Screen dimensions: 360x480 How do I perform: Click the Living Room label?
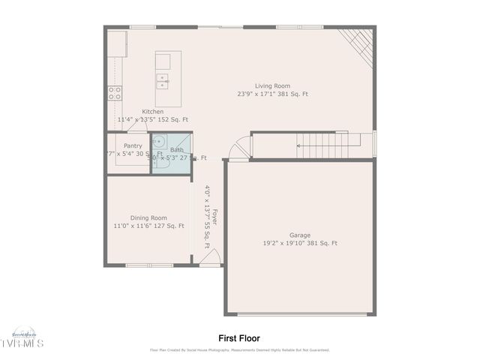(x=271, y=86)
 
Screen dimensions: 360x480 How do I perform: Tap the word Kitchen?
(x=153, y=112)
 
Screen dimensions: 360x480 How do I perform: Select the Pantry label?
(x=133, y=145)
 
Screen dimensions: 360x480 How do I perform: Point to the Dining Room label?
(x=148, y=217)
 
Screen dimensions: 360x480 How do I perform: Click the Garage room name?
(x=300, y=235)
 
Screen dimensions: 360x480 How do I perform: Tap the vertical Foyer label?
(x=214, y=217)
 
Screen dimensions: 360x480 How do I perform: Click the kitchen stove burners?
(x=115, y=92)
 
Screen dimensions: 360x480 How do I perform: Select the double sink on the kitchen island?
(x=161, y=79)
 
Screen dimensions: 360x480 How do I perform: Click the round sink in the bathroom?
(x=158, y=140)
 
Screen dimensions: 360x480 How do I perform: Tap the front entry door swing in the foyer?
(x=211, y=257)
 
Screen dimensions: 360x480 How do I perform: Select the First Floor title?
(x=239, y=338)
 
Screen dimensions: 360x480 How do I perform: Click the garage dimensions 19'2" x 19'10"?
(x=300, y=243)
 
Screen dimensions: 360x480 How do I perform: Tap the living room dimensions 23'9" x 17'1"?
(x=272, y=94)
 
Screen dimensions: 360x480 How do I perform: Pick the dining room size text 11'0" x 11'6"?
(x=148, y=226)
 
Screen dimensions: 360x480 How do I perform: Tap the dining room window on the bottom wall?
(x=148, y=265)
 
